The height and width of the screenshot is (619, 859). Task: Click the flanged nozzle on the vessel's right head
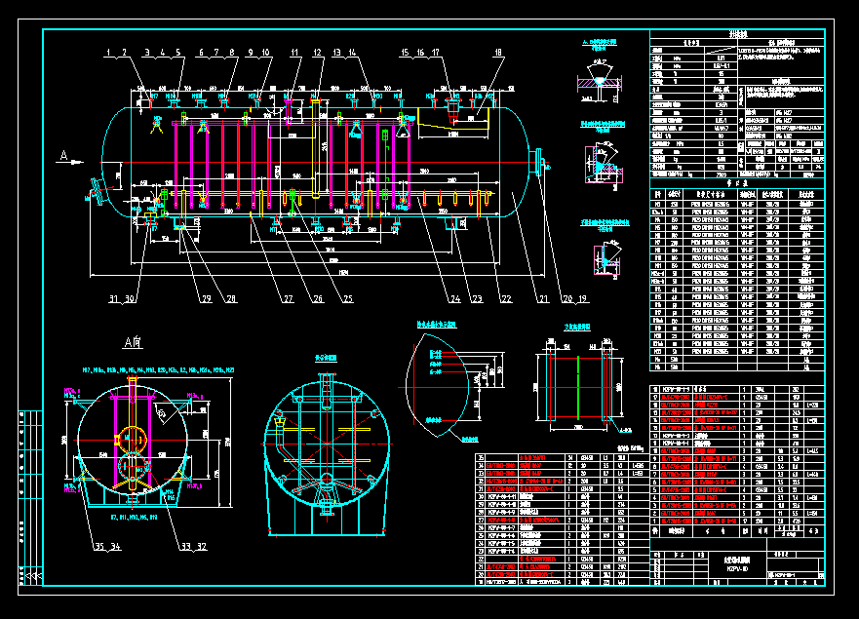[536, 161]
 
